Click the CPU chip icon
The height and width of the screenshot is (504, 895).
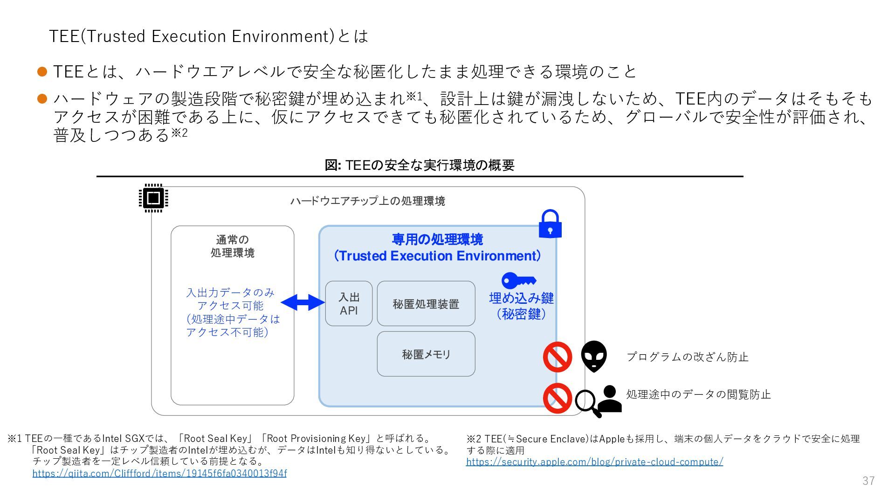pyautogui.click(x=153, y=198)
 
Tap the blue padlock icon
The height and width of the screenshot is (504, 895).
pyautogui.click(x=550, y=224)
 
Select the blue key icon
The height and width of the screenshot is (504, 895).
pyautogui.click(x=518, y=280)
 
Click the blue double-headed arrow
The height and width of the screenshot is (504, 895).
pyautogui.click(x=303, y=302)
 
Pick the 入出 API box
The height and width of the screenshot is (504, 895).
pyautogui.click(x=349, y=303)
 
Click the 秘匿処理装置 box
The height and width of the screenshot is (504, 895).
pyautogui.click(x=426, y=304)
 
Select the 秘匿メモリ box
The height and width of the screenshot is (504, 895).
pyautogui.click(x=426, y=354)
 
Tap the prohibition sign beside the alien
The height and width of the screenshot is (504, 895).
pyautogui.click(x=558, y=357)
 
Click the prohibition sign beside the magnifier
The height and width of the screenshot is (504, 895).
pyautogui.click(x=558, y=399)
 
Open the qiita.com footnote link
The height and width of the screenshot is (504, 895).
pyautogui.click(x=159, y=473)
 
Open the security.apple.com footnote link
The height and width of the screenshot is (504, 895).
pyautogui.click(x=594, y=462)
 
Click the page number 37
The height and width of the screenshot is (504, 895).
pyautogui.click(x=868, y=481)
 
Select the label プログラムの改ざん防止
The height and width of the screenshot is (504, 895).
pyautogui.click(x=687, y=357)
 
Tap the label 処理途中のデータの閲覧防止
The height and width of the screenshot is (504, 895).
pyautogui.click(x=698, y=394)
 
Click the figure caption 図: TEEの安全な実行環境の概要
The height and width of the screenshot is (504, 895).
pyautogui.click(x=420, y=165)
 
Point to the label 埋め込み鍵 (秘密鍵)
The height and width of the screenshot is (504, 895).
pyautogui.click(x=521, y=306)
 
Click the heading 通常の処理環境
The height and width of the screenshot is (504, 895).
pyautogui.click(x=232, y=246)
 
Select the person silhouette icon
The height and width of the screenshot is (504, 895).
pyautogui.click(x=609, y=399)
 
